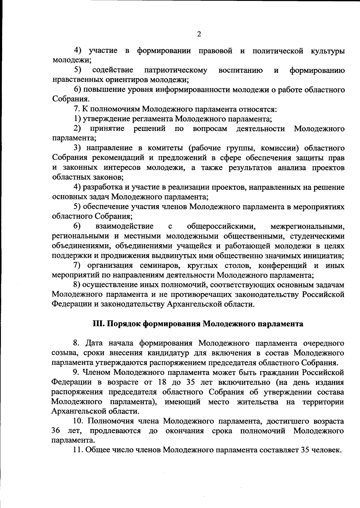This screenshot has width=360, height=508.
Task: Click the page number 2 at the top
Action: point(199,34)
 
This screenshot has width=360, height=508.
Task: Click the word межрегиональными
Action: point(307,226)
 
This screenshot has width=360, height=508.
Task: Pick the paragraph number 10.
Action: point(79,421)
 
